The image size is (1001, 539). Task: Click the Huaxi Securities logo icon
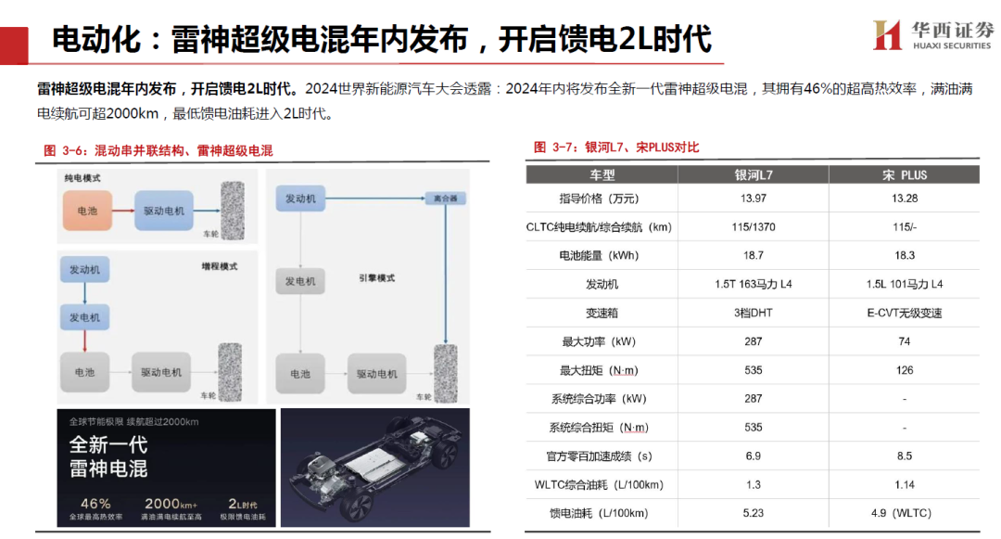point(887,35)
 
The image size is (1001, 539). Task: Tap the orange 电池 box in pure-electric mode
point(87,210)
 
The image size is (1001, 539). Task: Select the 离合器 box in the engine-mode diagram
point(445,198)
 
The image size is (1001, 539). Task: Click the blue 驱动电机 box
point(163,210)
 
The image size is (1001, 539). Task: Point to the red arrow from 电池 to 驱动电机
point(123,210)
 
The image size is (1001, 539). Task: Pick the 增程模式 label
point(220,266)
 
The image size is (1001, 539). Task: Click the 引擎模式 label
point(376,277)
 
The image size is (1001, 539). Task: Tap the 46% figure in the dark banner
point(95,503)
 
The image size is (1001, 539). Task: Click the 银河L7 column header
point(754,175)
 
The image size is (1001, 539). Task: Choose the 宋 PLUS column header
point(905,175)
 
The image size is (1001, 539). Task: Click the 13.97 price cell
point(754,199)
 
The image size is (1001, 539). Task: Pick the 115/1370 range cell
point(754,226)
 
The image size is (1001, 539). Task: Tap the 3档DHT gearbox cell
point(754,313)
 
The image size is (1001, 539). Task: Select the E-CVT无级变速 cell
point(905,313)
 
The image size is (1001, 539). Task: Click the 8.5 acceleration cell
point(905,456)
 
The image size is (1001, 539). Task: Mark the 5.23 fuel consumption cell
point(754,513)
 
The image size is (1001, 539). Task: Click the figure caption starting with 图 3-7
point(616,148)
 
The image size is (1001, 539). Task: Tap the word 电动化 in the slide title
point(95,39)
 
